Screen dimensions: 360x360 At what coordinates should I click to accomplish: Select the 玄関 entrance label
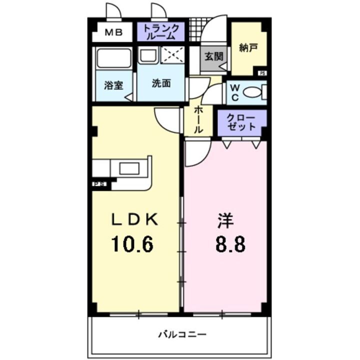[213, 56]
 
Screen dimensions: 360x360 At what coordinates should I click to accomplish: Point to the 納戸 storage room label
[248, 48]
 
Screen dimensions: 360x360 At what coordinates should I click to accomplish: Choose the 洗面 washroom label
[161, 83]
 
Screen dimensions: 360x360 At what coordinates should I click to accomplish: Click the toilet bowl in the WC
[254, 92]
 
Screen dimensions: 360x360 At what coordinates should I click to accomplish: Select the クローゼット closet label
[241, 122]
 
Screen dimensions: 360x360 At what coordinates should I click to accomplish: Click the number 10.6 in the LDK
[132, 244]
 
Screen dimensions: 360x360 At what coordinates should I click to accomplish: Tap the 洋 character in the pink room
[225, 220]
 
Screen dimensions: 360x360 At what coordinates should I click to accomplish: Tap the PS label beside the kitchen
[99, 184]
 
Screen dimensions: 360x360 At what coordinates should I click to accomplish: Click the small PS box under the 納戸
[262, 73]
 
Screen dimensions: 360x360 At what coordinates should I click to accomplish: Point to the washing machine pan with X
[173, 56]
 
